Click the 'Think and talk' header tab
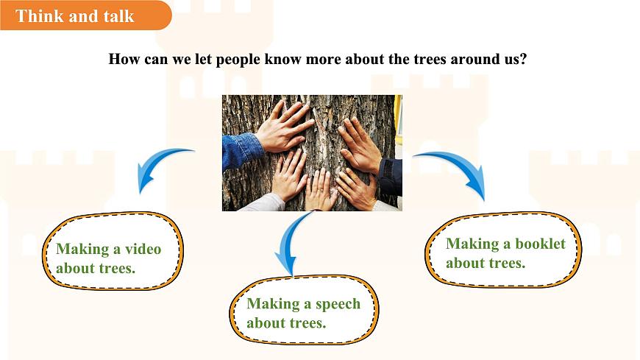pos(75,15)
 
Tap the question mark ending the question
pos(523,59)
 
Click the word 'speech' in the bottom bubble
pos(338,304)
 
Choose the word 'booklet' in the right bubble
pos(540,244)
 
